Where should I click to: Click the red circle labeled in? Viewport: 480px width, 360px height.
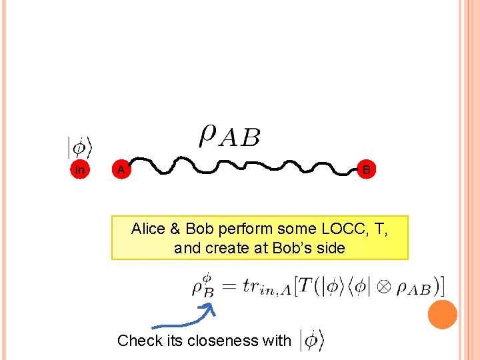pyautogui.click(x=80, y=170)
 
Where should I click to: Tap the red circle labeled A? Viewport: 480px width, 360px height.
pyautogui.click(x=120, y=170)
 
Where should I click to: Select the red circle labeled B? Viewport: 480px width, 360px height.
pyautogui.click(x=366, y=170)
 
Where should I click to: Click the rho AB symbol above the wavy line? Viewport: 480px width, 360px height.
pyautogui.click(x=229, y=136)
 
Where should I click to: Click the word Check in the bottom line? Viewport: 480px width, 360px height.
pyautogui.click(x=139, y=341)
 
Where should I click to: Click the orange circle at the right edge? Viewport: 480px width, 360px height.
pyautogui.click(x=443, y=314)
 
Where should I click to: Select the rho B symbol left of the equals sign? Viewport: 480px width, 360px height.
pyautogui.click(x=203, y=286)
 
